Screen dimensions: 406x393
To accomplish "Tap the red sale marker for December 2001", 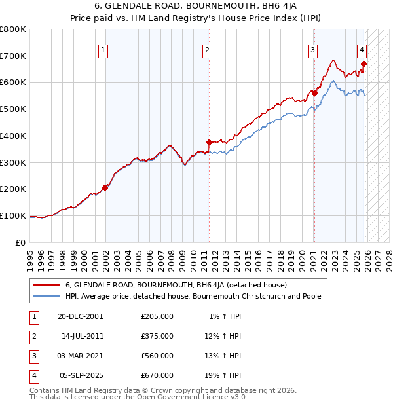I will (105, 187).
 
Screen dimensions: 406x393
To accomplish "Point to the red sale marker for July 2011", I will (209, 142).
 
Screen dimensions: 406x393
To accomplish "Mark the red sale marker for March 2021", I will (314, 93).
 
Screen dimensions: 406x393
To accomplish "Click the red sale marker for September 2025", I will (364, 64).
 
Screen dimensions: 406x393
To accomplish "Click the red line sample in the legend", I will (46, 285).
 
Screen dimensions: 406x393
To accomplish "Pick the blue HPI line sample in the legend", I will (46, 296).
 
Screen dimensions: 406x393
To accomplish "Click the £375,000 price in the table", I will (157, 336).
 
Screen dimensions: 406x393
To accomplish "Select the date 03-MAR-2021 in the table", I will (81, 356).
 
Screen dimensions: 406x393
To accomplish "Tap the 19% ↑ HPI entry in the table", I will (225, 375).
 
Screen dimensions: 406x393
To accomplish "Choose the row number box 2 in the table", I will (33, 336).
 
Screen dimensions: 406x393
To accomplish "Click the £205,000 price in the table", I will (157, 316).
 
